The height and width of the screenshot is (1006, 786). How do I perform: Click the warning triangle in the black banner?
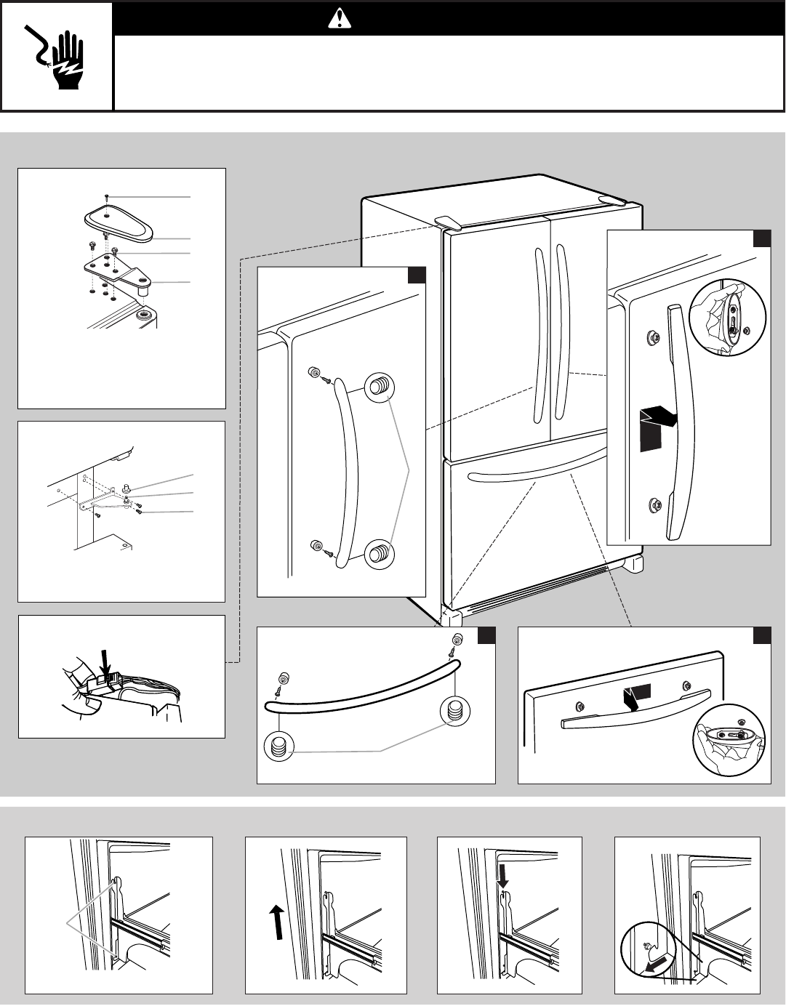pos(339,20)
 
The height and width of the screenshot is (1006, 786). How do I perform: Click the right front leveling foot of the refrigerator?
pos(632,564)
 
